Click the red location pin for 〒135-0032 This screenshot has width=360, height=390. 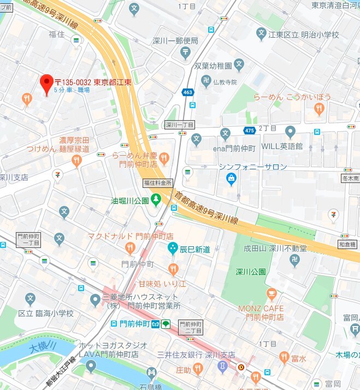pos(46,84)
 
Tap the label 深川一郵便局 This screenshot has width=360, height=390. pos(174,40)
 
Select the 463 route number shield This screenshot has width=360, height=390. pos(188,92)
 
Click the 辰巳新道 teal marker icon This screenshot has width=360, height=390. pos(173,249)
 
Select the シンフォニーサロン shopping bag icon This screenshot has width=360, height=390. pos(232,178)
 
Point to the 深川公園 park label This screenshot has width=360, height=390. pos(251,271)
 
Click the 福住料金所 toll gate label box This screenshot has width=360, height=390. pos(158,182)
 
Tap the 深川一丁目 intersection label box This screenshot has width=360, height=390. pos(179,125)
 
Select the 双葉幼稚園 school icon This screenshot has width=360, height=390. pos(239,66)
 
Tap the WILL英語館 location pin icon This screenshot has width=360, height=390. pos(290,132)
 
